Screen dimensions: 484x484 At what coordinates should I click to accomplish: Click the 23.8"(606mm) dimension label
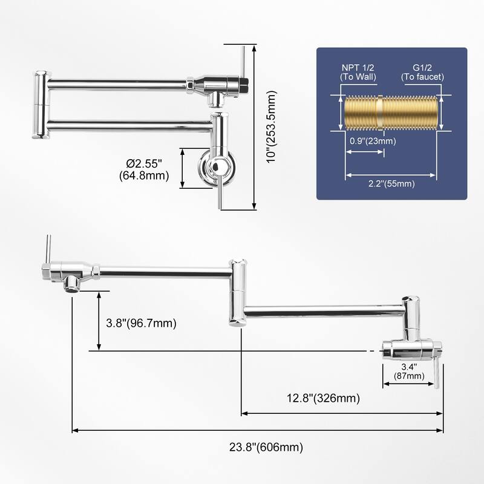point(266,447)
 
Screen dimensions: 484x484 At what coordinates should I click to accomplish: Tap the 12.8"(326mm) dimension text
point(324,398)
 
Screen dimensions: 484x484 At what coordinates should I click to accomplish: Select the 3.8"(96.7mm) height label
point(142,323)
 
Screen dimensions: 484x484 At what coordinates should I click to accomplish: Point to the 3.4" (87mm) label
point(409,371)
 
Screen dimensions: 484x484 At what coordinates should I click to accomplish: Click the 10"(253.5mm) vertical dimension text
point(272,127)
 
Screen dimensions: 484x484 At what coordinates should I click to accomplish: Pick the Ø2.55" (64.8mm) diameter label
point(144,169)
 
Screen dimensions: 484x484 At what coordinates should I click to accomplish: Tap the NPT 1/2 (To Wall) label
point(358,72)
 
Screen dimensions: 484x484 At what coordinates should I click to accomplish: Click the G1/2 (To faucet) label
point(422,72)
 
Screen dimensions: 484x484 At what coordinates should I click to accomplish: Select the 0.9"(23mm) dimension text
point(373,141)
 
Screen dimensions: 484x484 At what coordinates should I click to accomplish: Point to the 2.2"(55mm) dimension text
point(391,184)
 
